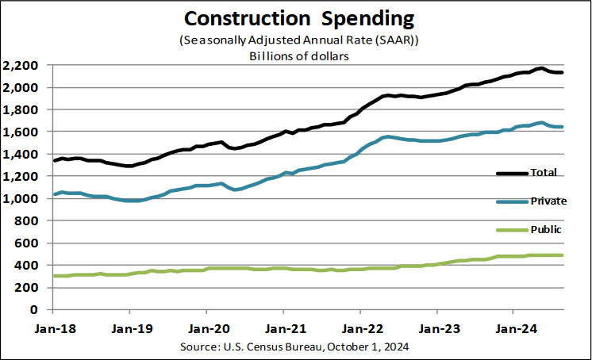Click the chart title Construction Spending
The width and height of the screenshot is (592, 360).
[x=295, y=17]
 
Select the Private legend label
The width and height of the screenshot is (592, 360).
[x=549, y=201]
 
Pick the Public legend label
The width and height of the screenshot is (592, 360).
[x=547, y=229]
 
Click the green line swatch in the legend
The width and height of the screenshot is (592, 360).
[x=513, y=231]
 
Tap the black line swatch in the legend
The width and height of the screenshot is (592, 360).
[x=513, y=173]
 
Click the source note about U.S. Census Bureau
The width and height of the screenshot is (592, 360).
[x=295, y=346]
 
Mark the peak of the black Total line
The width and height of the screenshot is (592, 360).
[x=540, y=68]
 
